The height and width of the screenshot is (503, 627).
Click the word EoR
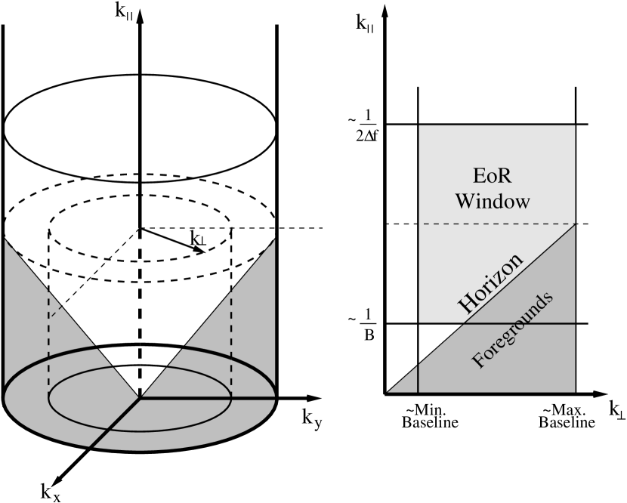pyautogui.click(x=492, y=177)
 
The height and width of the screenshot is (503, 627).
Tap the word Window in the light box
pyautogui.click(x=493, y=202)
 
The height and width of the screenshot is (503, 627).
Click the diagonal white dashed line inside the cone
pyautogui.click(x=94, y=273)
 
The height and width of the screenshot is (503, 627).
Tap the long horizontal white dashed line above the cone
pyautogui.click(x=227, y=227)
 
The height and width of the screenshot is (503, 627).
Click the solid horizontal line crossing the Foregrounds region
pyautogui.click(x=529, y=323)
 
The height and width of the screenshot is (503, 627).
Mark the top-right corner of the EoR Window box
pyautogui.click(x=575, y=126)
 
